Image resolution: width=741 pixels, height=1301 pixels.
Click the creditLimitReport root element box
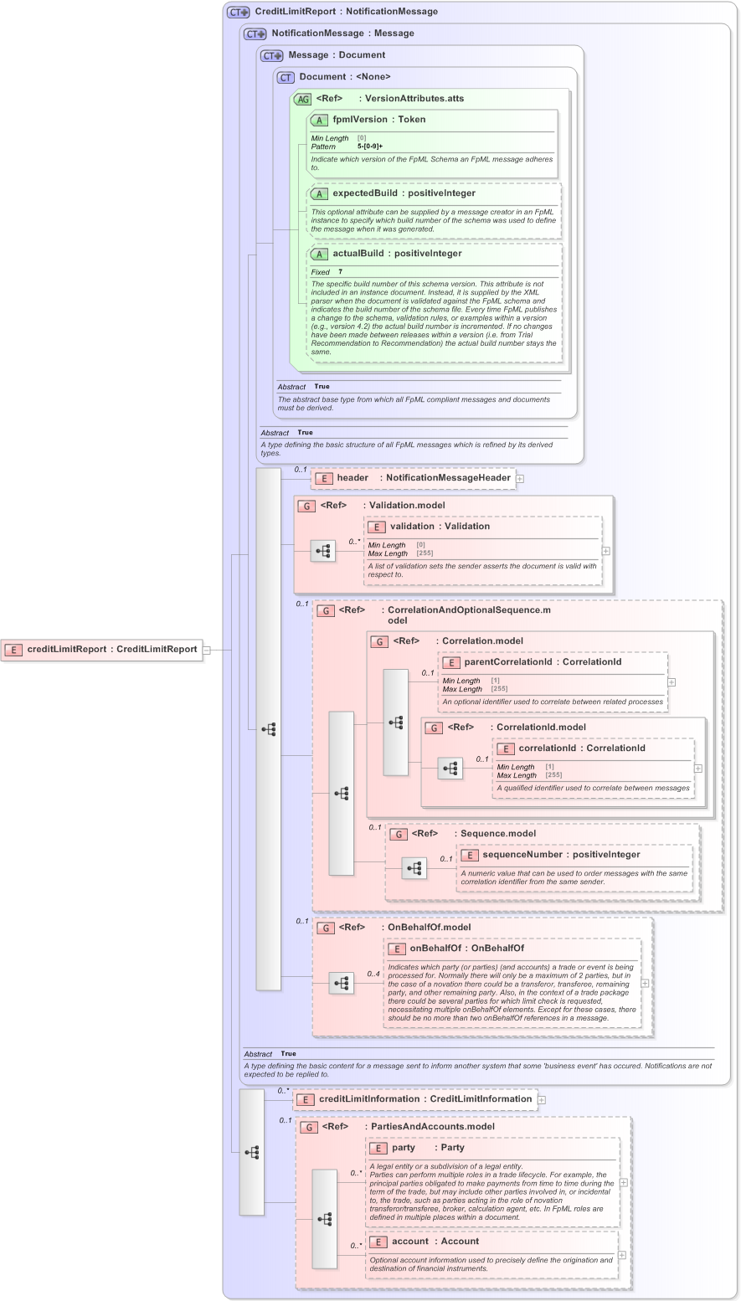coord(103,649)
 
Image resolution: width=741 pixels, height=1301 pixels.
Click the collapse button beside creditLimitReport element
coord(207,649)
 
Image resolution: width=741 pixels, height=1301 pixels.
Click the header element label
coord(352,478)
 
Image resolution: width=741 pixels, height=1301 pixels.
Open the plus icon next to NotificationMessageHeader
coord(520,479)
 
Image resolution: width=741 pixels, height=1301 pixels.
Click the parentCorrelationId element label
coord(508,662)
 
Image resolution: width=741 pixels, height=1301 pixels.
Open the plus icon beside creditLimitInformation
coord(542,1100)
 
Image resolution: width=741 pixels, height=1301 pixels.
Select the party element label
coord(404,1148)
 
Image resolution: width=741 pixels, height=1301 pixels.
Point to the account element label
coord(409,1242)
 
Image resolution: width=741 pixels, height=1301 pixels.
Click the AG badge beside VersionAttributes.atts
coord(302,99)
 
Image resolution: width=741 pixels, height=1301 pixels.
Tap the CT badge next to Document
coord(286,77)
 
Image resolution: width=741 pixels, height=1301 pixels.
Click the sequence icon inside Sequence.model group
coord(414,869)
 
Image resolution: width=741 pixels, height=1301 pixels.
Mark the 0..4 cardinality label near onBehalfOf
coord(373,974)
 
